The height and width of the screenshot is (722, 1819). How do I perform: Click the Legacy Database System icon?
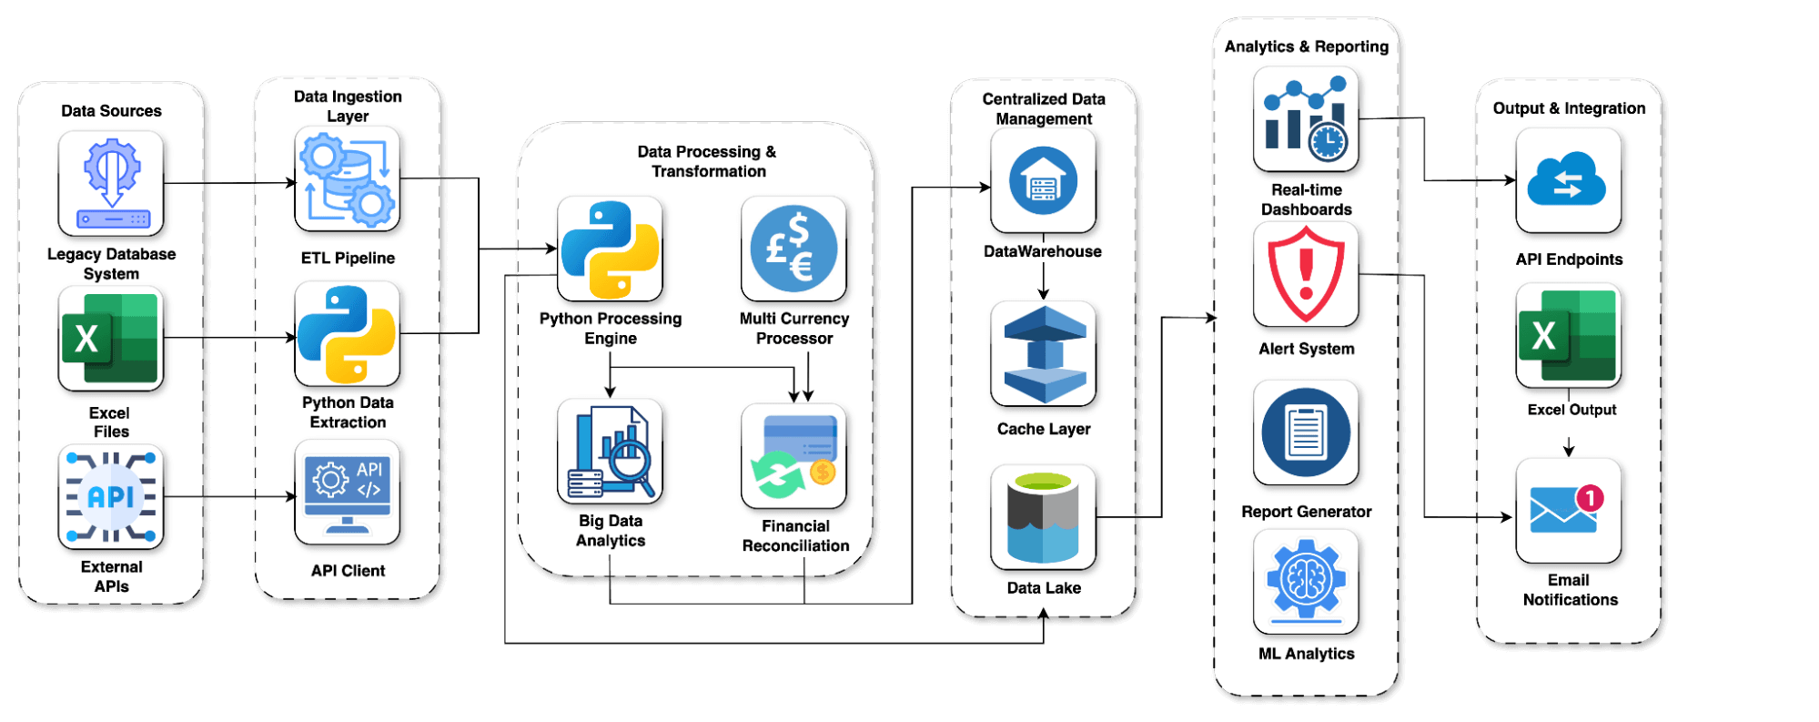[111, 183]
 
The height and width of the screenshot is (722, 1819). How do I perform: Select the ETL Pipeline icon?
[348, 178]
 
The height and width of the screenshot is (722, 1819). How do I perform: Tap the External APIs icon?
[111, 497]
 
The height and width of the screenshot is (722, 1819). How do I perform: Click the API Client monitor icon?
[348, 493]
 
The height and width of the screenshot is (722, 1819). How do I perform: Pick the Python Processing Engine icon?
[610, 249]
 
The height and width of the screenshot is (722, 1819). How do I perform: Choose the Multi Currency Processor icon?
[793, 249]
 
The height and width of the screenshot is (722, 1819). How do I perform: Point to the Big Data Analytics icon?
[610, 452]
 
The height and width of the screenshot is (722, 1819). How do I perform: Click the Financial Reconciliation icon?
[793, 456]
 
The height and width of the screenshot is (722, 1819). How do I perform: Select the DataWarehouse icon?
[1043, 180]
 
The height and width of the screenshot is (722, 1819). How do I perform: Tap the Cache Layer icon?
[1043, 353]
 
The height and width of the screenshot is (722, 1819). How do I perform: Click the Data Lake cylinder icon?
[1043, 517]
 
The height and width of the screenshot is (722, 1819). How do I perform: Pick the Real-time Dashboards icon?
[1306, 119]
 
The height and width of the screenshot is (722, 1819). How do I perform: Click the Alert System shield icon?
[1306, 274]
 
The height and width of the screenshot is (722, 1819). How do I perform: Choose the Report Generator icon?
[1306, 432]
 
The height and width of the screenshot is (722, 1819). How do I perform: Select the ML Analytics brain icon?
[1306, 581]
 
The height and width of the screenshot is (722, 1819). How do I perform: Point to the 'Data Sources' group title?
[111, 111]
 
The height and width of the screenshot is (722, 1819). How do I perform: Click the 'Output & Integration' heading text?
[1569, 108]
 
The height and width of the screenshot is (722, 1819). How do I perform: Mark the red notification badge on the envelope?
[1590, 498]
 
